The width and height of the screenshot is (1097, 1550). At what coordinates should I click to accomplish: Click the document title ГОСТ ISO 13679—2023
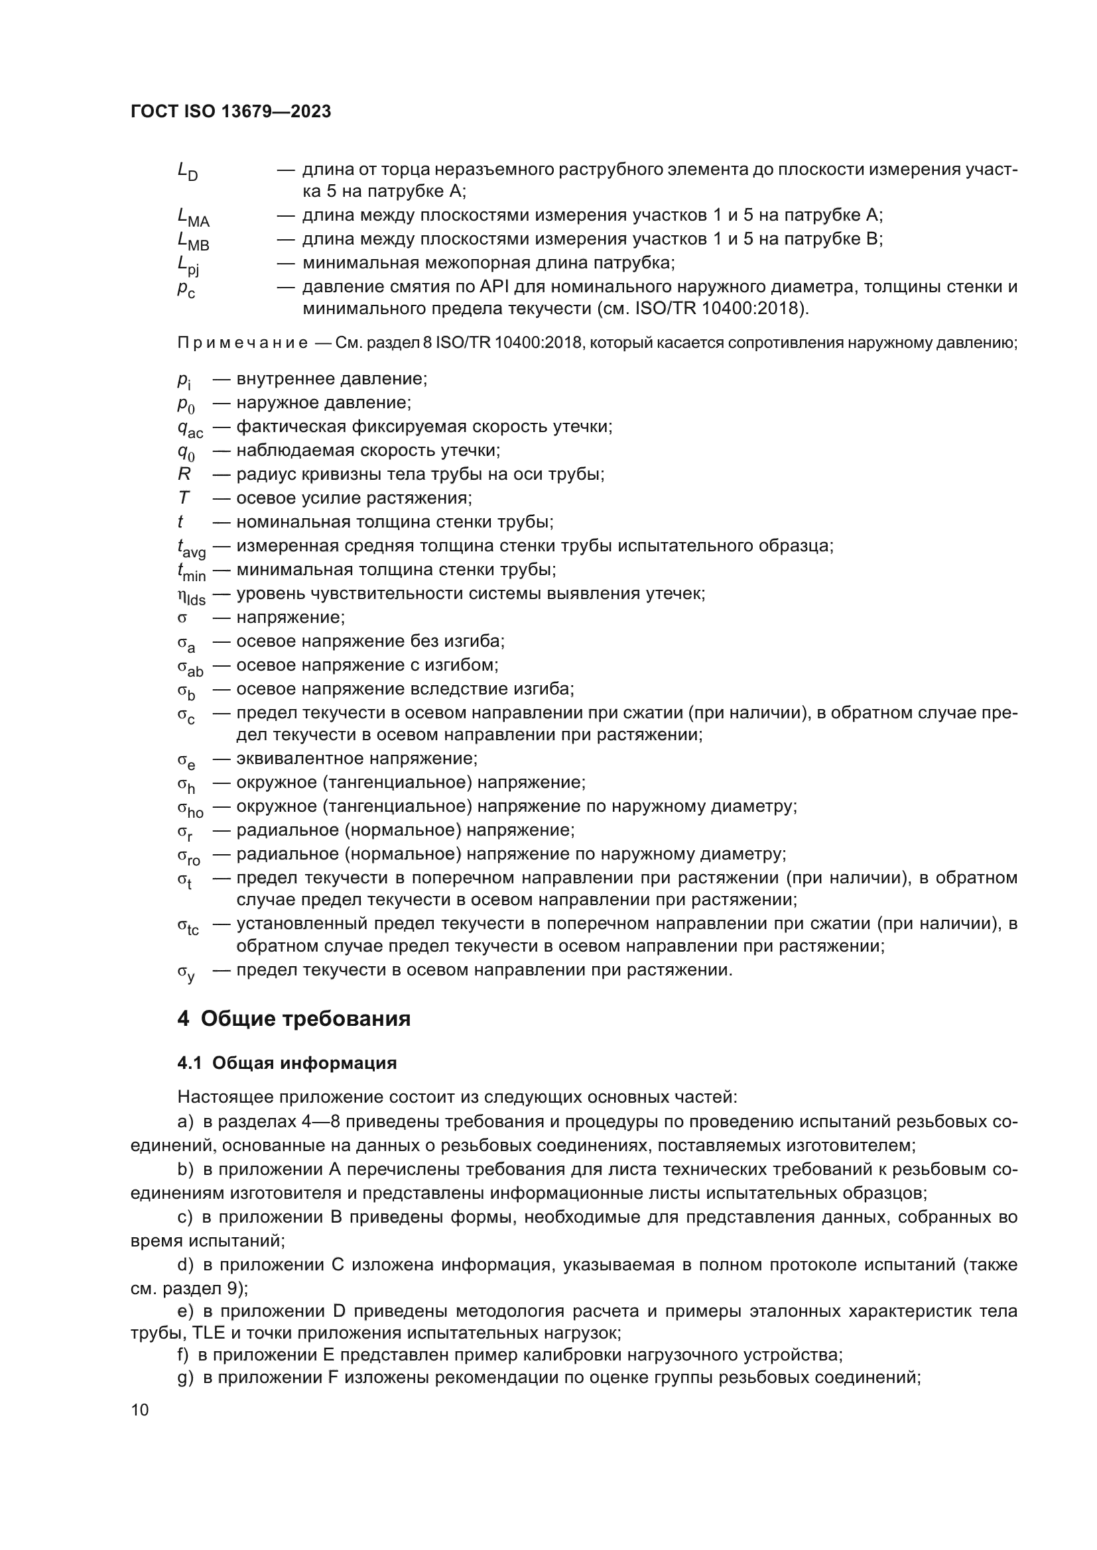coord(230,112)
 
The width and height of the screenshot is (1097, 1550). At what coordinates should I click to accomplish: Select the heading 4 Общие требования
coord(294,1018)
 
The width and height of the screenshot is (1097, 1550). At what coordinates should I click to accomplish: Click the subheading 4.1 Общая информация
coord(287,1063)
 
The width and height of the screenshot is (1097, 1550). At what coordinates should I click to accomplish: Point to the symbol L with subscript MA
coord(192,217)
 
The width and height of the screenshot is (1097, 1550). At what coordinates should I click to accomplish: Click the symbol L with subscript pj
coord(188,265)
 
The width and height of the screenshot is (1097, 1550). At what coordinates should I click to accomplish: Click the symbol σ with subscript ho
coord(190,808)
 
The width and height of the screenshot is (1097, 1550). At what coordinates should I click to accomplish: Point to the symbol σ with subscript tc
coord(188,926)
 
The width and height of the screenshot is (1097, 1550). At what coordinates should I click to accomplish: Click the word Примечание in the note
coord(243,344)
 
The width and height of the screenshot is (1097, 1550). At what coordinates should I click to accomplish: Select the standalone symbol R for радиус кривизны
coord(184,474)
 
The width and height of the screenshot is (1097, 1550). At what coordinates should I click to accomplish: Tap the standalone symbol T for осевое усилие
coord(184,498)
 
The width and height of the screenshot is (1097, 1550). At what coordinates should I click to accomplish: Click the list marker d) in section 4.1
coord(185,1264)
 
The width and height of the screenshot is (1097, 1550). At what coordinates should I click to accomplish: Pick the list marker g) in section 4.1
coord(185,1377)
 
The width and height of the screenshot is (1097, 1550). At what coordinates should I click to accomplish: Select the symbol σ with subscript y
coord(186,973)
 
